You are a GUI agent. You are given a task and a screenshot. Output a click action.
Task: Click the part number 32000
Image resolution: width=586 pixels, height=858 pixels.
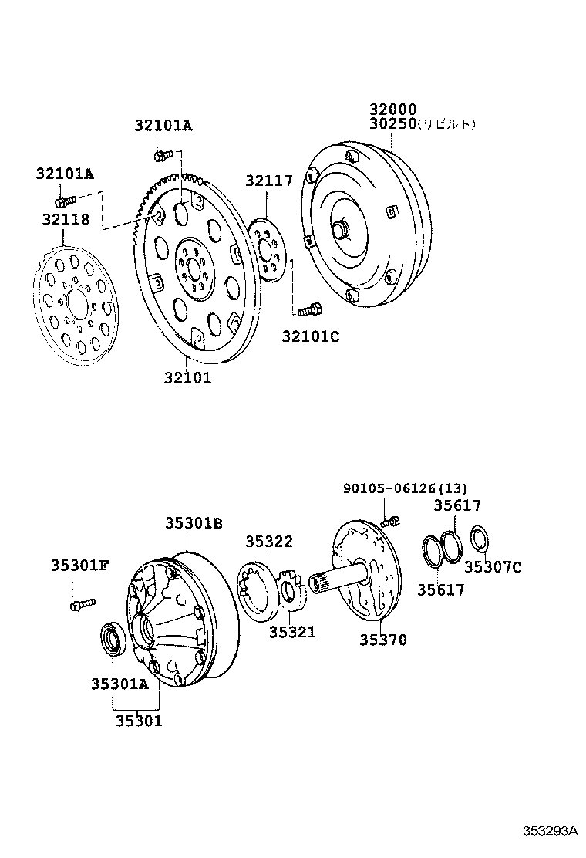pos(392,110)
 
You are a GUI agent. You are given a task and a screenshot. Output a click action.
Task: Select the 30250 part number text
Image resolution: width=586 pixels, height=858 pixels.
pos(392,124)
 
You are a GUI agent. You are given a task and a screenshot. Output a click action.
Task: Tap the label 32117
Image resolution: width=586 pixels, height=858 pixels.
pos(269,181)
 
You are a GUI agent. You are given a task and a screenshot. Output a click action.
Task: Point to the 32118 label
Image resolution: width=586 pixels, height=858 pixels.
pos(66,220)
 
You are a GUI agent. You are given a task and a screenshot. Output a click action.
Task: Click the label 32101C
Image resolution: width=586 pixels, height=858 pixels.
pos(310,336)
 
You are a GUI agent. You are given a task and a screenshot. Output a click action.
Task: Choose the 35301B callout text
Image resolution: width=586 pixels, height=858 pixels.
pos(194,523)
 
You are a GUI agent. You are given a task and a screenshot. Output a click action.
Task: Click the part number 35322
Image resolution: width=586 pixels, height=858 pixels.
pos(269,542)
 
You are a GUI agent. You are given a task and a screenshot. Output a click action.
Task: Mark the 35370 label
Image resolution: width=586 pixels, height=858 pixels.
pos(383,640)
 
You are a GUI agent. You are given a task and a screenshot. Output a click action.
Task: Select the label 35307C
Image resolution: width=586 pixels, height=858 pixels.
pos(493,568)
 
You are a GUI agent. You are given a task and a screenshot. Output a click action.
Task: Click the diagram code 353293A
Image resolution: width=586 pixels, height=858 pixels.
pos(550,831)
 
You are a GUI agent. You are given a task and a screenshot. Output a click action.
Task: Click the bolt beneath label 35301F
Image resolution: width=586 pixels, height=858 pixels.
pos(81,604)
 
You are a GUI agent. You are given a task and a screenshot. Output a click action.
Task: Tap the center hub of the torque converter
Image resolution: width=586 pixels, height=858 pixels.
pos(339,230)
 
